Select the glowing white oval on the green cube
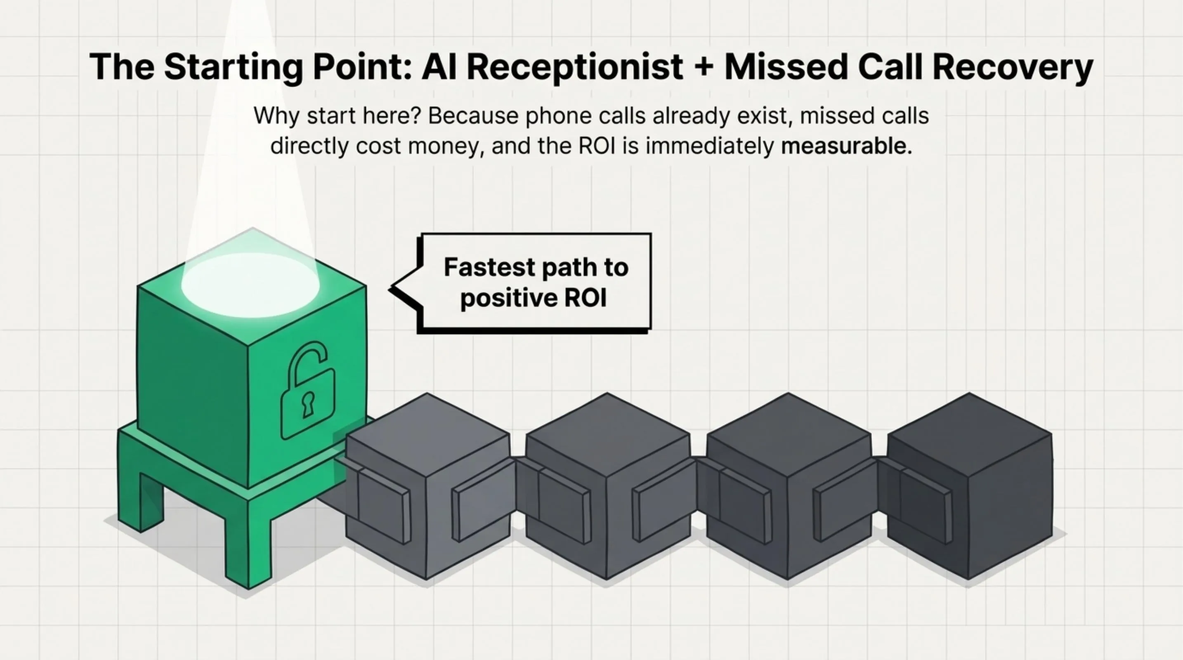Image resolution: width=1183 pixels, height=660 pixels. point(250,285)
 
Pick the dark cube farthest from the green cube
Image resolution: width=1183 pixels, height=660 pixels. point(969,486)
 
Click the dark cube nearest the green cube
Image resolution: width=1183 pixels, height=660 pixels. point(427,486)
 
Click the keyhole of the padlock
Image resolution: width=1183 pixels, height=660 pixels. point(308,404)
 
